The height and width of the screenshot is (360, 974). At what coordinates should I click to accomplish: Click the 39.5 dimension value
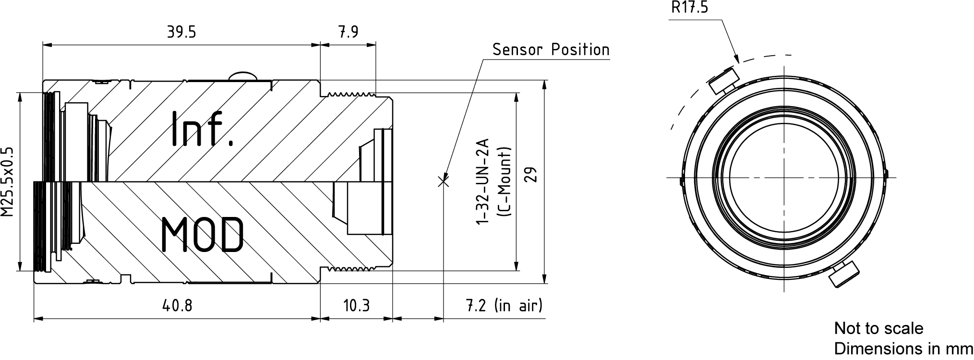tap(181, 32)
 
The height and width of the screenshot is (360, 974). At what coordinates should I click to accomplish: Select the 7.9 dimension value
tap(349, 32)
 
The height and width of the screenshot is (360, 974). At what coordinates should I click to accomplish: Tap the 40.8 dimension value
tap(177, 305)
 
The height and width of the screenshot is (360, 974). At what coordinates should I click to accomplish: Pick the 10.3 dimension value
tap(356, 305)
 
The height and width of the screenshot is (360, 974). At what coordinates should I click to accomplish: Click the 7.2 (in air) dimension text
tap(504, 305)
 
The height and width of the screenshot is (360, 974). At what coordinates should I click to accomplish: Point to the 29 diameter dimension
tap(531, 175)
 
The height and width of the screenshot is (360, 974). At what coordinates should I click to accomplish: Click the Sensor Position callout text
tap(551, 49)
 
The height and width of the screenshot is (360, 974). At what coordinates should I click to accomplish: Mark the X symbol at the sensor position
tap(444, 180)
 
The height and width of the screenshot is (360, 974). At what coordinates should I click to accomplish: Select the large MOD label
tap(202, 234)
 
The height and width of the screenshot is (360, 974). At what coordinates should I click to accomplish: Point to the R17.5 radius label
tap(689, 7)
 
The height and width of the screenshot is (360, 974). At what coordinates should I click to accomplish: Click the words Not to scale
tap(878, 328)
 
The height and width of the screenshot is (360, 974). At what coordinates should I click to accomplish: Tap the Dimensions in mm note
tap(903, 349)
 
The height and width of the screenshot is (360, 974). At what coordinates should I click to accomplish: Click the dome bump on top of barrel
tap(243, 76)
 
